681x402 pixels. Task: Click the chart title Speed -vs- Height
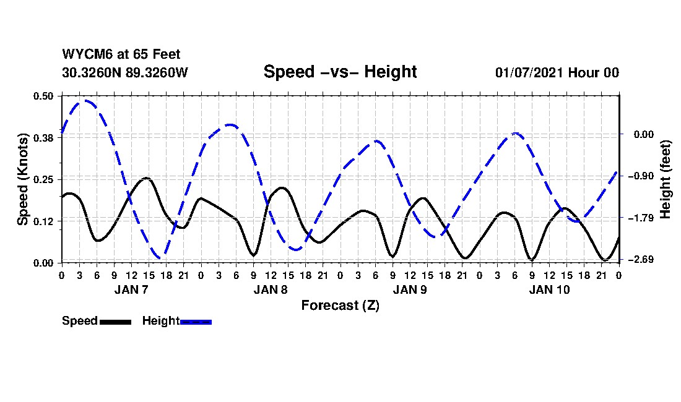point(340,72)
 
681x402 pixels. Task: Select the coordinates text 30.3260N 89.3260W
point(124,72)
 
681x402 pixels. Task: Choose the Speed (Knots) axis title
point(23,179)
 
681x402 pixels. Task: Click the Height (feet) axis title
point(666,179)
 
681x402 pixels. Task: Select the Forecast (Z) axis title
point(340,305)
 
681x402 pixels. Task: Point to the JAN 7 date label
point(131,289)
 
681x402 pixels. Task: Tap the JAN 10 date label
point(549,289)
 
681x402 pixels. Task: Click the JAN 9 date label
point(410,289)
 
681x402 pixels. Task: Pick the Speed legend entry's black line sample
point(115,322)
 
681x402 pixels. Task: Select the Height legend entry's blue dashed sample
point(196,322)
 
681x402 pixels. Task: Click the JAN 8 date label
point(271,289)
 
